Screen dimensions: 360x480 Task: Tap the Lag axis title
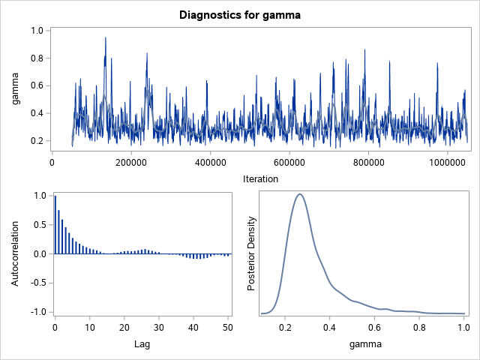pos(142,344)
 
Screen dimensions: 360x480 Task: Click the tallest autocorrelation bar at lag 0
pos(55,225)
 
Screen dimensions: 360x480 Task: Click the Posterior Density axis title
pos(252,253)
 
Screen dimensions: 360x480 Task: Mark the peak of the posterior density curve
pos(299,194)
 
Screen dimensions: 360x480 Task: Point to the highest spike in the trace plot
pos(105,37)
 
